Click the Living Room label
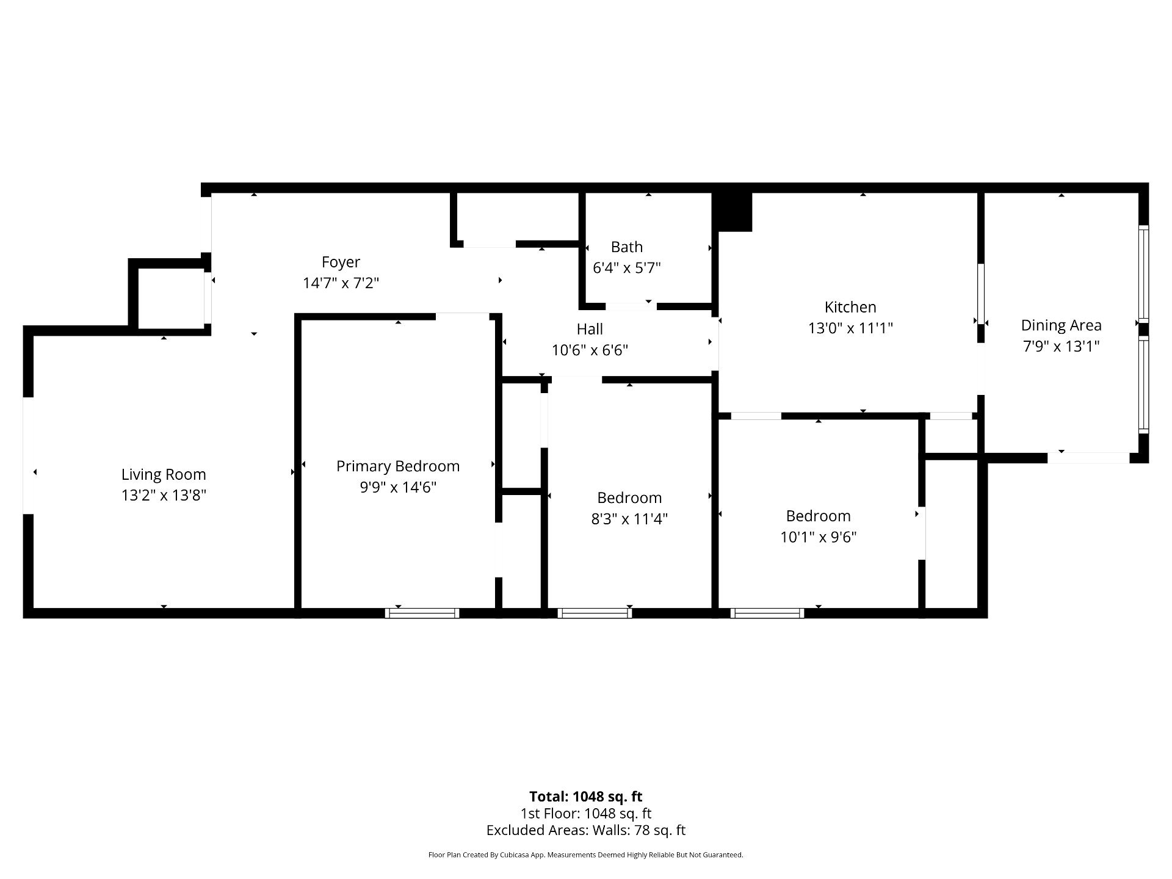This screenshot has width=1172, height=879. pyautogui.click(x=164, y=474)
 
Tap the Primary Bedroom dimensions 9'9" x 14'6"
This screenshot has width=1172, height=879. pyautogui.click(x=398, y=487)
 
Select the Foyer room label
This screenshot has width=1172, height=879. pyautogui.click(x=341, y=262)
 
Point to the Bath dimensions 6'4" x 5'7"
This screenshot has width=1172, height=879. pyautogui.click(x=627, y=267)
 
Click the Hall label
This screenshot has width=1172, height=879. pyautogui.click(x=590, y=329)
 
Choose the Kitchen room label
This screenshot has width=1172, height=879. pyautogui.click(x=850, y=307)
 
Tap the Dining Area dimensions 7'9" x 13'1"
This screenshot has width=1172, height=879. pyautogui.click(x=1061, y=346)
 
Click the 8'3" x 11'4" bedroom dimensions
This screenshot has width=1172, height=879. pyautogui.click(x=629, y=519)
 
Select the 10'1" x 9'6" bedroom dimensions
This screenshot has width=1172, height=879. pyautogui.click(x=818, y=537)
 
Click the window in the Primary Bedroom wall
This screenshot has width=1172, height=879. pyautogui.click(x=422, y=613)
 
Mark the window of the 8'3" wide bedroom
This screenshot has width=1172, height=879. pyautogui.click(x=595, y=613)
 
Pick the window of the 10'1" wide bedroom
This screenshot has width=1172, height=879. pyautogui.click(x=767, y=613)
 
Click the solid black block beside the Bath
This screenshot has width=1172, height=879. pyautogui.click(x=734, y=212)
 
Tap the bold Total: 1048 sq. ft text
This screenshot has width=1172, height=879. pyautogui.click(x=586, y=797)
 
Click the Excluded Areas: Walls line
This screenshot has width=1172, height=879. pyautogui.click(x=586, y=830)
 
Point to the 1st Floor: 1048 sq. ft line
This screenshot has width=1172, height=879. pyautogui.click(x=586, y=814)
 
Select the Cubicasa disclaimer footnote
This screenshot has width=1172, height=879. pyautogui.click(x=586, y=855)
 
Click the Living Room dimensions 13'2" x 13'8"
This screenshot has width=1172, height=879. pyautogui.click(x=164, y=495)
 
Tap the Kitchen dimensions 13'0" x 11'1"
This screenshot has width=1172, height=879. pyautogui.click(x=850, y=328)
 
